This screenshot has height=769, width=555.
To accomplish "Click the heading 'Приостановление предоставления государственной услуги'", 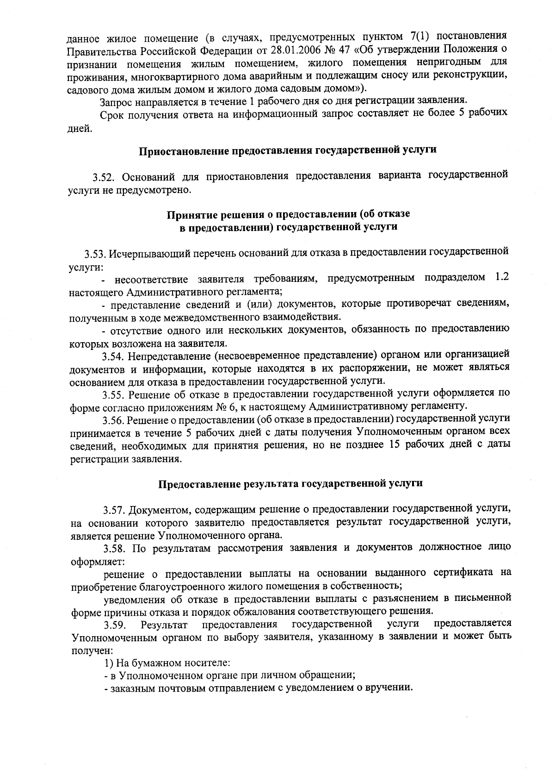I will coord(288,150).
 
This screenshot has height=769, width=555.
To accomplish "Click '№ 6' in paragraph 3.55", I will coord(269,407).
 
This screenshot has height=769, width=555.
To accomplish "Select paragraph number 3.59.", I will coord(115,625).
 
